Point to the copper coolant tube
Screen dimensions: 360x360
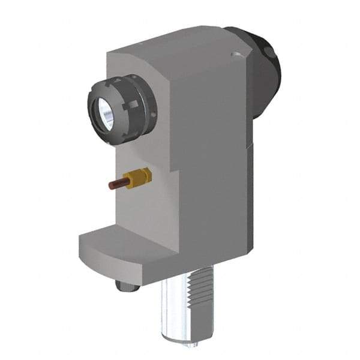pos(116,185)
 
